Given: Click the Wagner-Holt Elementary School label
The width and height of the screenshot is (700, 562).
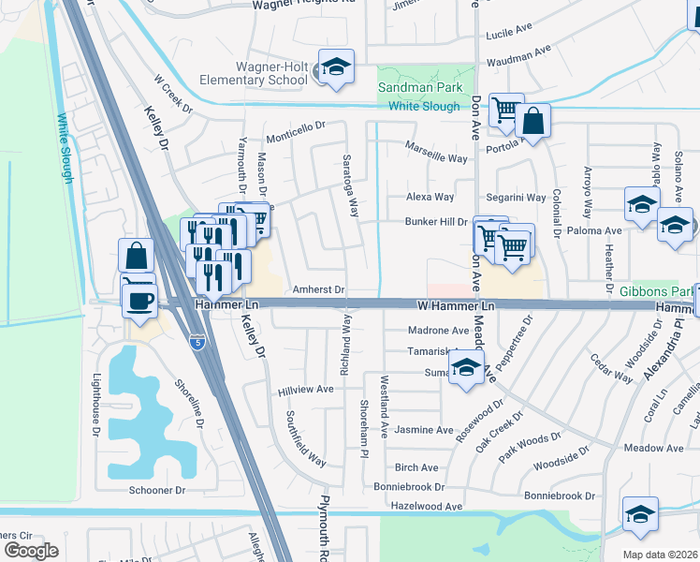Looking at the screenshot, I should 258,73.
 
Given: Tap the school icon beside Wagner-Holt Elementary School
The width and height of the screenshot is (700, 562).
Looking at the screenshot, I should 335,67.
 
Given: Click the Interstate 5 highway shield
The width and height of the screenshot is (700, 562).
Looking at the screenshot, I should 197,344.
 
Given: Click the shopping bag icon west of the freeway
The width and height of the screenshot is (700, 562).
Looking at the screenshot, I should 136,256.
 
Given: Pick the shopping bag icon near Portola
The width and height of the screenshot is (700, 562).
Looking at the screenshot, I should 532,121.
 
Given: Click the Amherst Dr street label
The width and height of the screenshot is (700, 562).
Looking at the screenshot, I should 319,290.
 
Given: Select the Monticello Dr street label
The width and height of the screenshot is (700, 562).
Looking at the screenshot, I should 295,125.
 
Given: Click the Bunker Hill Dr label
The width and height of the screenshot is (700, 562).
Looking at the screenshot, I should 435,222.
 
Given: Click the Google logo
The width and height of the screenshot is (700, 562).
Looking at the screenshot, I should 31,550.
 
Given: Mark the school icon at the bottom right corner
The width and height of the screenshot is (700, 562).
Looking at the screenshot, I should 640,514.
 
